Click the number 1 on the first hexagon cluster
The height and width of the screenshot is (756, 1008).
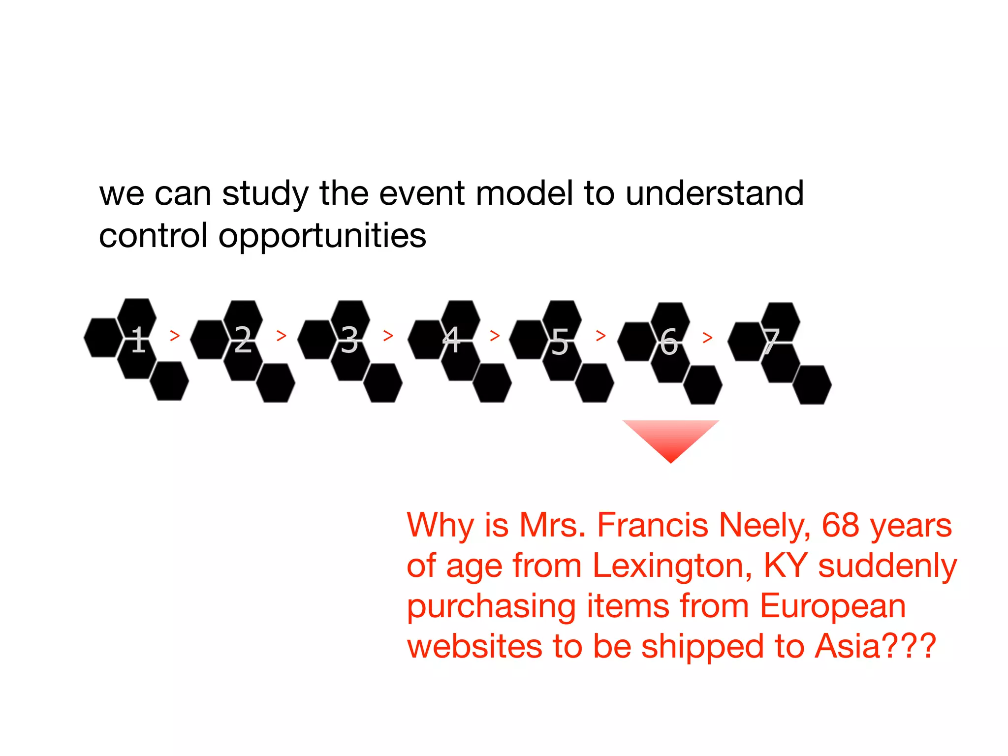coord(139,340)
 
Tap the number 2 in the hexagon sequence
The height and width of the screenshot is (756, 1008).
coord(243,340)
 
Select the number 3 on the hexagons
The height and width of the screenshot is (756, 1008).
coord(349,340)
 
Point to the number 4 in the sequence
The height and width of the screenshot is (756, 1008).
coord(452,340)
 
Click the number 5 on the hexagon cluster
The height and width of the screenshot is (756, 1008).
coord(560,342)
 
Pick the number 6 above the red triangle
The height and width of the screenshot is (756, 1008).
coord(669,342)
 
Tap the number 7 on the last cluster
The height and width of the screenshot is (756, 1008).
coord(771,342)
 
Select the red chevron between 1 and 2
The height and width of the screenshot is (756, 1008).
coord(175,336)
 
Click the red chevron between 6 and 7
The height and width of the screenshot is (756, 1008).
coord(708,338)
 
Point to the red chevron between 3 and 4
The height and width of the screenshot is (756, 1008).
coord(388,336)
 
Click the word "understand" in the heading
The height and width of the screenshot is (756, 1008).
coord(715,193)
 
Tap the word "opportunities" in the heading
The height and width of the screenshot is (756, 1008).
coord(322,235)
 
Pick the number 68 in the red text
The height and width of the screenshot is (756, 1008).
coord(841,526)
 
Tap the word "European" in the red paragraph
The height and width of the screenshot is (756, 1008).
coord(833,606)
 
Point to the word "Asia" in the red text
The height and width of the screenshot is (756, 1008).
coord(847,646)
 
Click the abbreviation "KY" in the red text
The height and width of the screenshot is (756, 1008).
coord(785,566)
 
